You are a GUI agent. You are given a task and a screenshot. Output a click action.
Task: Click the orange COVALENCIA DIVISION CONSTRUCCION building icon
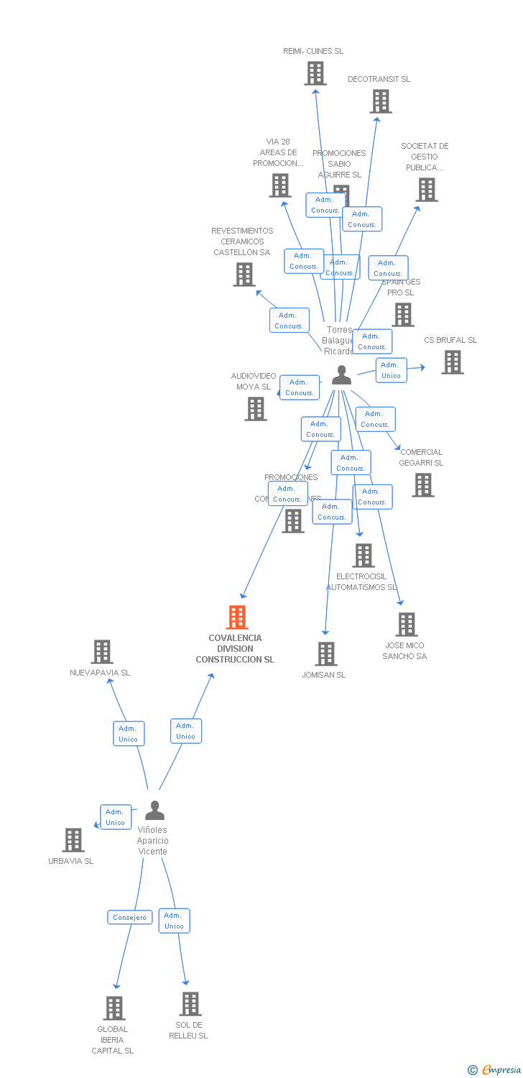tap(236, 617)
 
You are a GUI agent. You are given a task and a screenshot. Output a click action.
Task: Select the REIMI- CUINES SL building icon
tap(315, 73)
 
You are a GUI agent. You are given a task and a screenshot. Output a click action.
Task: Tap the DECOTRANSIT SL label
tap(379, 79)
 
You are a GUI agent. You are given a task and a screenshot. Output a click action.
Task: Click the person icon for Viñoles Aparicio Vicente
tap(154, 811)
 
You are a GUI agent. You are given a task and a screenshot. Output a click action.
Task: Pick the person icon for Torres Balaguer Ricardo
tap(341, 374)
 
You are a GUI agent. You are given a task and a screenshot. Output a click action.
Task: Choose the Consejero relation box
tap(130, 917)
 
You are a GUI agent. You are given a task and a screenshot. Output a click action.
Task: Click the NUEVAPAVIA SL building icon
tap(102, 652)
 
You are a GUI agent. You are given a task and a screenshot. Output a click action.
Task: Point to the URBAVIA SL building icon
tap(73, 840)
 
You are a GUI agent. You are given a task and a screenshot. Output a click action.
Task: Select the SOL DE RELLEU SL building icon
tap(190, 1004)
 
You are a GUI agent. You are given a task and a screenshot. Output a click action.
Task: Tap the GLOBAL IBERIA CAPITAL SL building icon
tap(114, 1008)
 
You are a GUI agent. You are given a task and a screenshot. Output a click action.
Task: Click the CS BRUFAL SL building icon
tap(452, 362)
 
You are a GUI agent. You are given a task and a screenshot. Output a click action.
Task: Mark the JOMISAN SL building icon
tap(326, 654)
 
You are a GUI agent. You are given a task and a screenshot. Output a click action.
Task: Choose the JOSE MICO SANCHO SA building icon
tap(406, 625)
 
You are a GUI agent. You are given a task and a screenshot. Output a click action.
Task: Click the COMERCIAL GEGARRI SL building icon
tap(422, 485)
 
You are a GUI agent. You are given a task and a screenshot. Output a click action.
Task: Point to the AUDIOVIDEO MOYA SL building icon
tap(256, 409)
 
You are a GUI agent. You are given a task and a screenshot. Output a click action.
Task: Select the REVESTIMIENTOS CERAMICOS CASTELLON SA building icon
tap(244, 275)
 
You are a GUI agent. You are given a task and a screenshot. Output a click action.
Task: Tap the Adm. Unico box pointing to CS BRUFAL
tap(391, 370)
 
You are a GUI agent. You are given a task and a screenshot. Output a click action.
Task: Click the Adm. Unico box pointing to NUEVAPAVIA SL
tap(129, 734)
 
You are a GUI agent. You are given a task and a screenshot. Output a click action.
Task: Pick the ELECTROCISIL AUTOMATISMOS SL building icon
tap(363, 556)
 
